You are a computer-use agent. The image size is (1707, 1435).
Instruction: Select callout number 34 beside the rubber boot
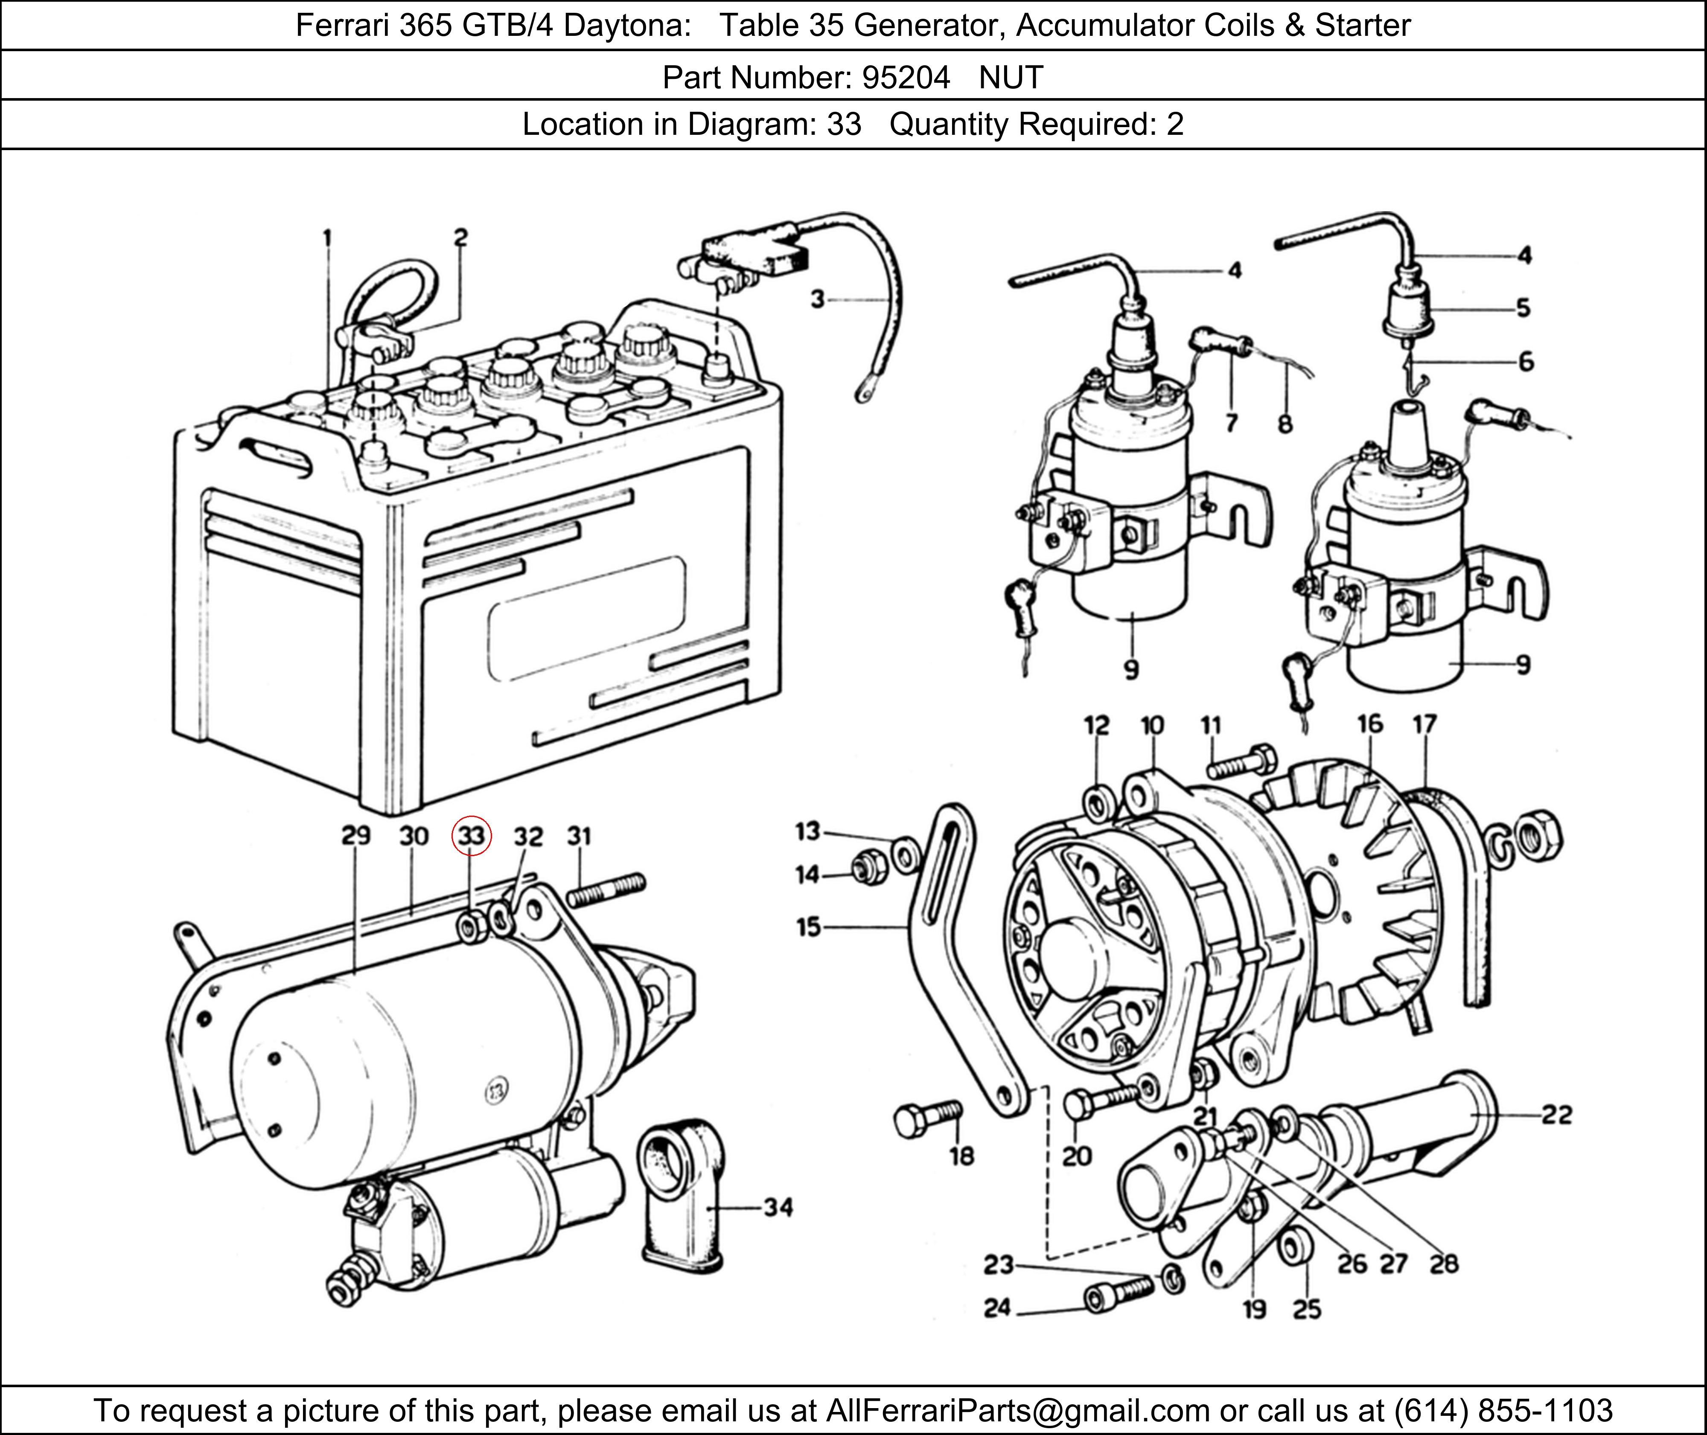(778, 1207)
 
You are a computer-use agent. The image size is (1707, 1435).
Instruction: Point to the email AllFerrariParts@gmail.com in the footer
(1017, 1410)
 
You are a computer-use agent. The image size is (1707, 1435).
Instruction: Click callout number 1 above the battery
(327, 238)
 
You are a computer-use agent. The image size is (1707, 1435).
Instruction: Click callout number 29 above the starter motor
(355, 836)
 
